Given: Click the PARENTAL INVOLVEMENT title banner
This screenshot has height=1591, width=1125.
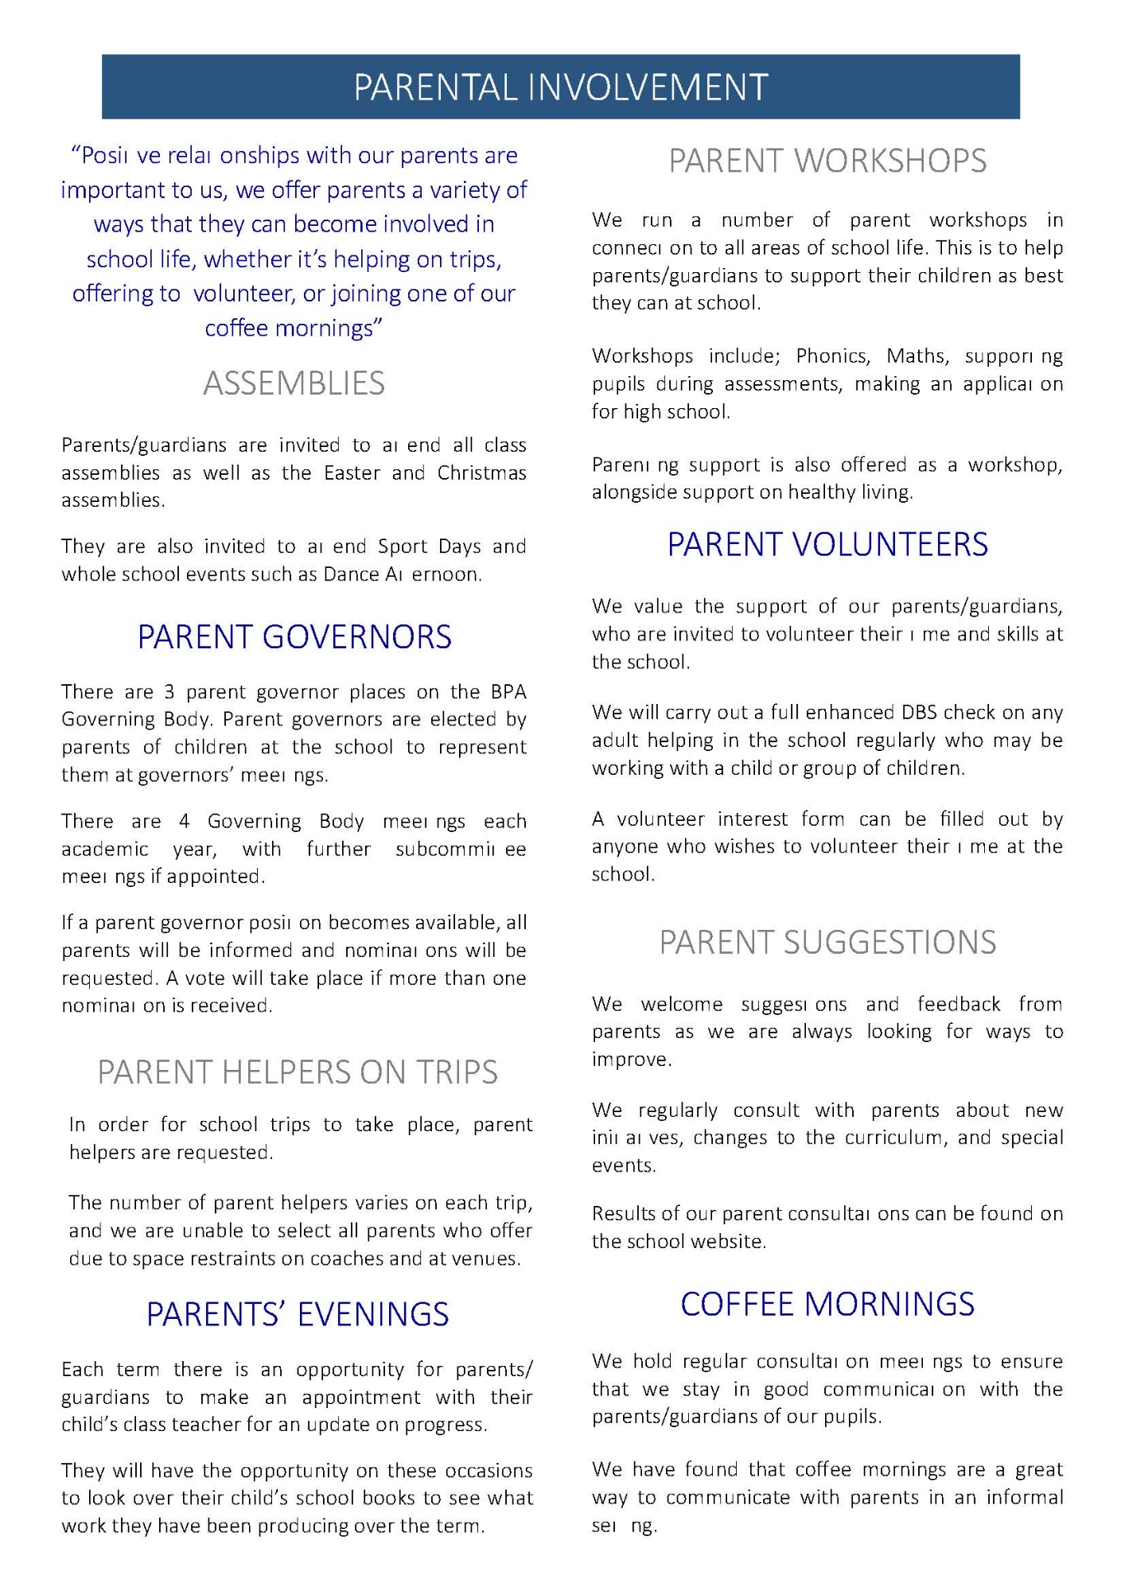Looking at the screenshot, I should point(561,87).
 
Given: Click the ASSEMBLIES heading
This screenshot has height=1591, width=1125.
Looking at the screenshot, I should point(294,383).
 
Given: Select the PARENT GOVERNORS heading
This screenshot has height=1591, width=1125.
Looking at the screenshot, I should point(294,637).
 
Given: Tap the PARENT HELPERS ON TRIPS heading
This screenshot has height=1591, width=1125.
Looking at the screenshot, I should point(297,1072).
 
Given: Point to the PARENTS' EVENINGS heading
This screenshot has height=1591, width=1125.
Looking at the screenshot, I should point(297,1314).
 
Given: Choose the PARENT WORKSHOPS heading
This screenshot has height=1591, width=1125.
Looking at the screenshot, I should point(827,161).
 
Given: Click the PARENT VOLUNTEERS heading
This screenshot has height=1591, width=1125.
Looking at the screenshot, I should point(827,545).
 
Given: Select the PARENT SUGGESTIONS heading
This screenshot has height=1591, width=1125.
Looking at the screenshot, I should point(827,943).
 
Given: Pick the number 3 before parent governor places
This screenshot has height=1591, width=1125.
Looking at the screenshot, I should point(169,692).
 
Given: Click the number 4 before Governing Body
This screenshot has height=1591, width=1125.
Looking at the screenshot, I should point(184,822).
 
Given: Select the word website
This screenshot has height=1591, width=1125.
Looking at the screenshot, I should point(730,1242).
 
